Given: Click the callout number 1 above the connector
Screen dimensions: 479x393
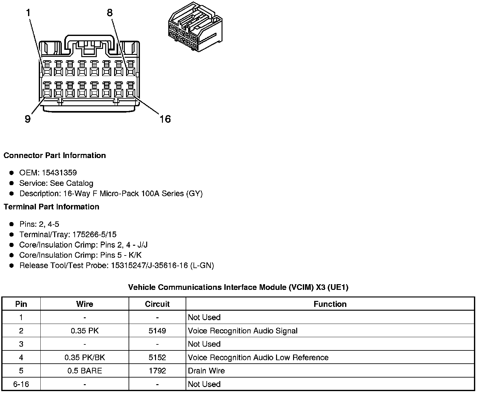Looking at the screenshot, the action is [29, 13].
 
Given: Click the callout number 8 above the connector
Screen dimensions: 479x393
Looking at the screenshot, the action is [110, 13].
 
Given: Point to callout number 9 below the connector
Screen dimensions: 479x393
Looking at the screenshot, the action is [28, 119].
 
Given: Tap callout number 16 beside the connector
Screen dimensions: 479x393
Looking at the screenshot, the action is [165, 119].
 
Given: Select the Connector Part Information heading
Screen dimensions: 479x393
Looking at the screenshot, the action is [55, 155].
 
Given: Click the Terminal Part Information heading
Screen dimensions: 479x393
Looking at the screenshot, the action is [51, 207].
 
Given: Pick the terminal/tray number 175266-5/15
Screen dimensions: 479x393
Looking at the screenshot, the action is [94, 235].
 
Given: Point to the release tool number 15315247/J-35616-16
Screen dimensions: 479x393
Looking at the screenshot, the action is [149, 266].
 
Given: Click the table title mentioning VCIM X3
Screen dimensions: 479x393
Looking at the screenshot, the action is [238, 287].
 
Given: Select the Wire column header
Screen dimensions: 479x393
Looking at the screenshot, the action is [84, 304].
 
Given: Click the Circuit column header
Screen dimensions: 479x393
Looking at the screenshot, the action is [157, 304].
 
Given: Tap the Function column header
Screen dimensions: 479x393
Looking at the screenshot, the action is [330, 304].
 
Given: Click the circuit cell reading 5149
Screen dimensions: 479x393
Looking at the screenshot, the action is [157, 331].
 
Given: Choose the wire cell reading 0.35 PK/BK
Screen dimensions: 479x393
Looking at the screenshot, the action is [84, 357].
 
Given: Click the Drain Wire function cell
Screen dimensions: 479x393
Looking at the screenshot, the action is [206, 371].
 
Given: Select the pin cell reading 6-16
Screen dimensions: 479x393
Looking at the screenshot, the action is [21, 384].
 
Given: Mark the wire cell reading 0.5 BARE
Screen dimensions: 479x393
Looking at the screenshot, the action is [84, 371].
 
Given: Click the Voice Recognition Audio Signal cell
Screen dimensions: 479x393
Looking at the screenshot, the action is [243, 331].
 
